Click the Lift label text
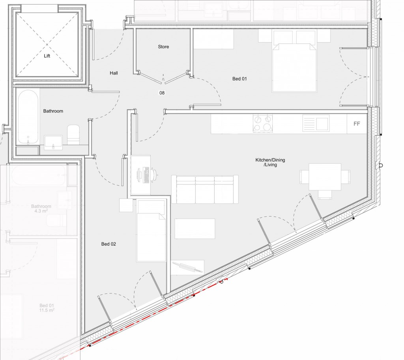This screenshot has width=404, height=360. [47, 56]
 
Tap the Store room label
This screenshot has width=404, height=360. [163, 47]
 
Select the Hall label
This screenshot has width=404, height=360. [114, 73]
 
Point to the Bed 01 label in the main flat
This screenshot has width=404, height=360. [239, 79]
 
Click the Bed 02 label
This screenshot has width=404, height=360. [108, 244]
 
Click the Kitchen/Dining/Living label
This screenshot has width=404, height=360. [270, 162]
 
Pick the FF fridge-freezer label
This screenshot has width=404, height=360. [357, 124]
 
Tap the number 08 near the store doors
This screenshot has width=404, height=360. [162, 93]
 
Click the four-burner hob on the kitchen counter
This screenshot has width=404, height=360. [262, 123]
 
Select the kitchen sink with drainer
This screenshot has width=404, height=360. [316, 123]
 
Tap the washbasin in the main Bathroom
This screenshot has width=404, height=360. [53, 141]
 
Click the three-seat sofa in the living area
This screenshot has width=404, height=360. [205, 189]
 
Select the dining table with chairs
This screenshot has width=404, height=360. [325, 177]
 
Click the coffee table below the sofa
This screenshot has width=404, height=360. [195, 229]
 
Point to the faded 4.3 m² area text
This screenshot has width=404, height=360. [41, 211]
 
